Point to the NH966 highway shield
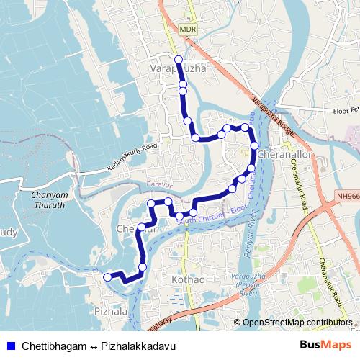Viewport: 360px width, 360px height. [x=348, y=194]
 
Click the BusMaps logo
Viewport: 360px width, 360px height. [x=325, y=346]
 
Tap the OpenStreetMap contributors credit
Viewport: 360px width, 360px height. [x=297, y=323]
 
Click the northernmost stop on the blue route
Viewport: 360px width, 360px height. [x=179, y=59]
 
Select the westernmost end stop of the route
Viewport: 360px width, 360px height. [x=108, y=276]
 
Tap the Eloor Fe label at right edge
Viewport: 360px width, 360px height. [x=344, y=111]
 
